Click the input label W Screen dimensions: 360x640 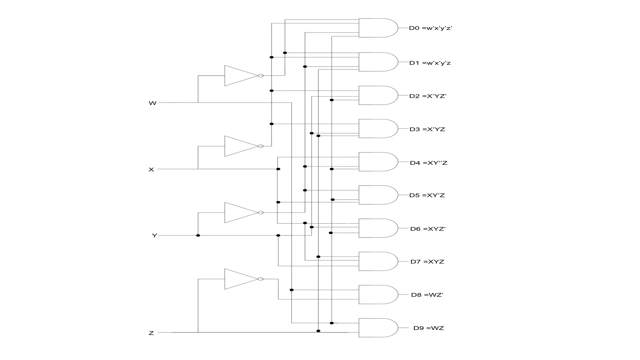[x=152, y=103]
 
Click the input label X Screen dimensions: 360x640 [x=151, y=170]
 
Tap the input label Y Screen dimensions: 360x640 [x=154, y=236]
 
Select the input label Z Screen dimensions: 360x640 [x=151, y=333]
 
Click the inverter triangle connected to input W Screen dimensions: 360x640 [x=239, y=76]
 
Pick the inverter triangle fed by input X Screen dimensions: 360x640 [x=239, y=146]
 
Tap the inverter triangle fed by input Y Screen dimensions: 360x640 [x=239, y=212]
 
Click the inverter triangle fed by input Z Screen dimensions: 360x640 [x=239, y=279]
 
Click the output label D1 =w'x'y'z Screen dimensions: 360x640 [x=430, y=63]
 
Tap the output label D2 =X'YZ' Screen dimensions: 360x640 [x=428, y=96]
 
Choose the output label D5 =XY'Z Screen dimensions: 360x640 [x=427, y=195]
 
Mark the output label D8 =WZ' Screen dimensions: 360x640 [x=427, y=295]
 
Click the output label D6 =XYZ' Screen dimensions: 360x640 [x=428, y=229]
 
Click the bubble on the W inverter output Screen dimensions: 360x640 [x=261, y=76]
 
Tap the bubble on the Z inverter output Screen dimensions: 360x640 [x=261, y=279]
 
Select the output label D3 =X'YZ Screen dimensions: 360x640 [x=427, y=129]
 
